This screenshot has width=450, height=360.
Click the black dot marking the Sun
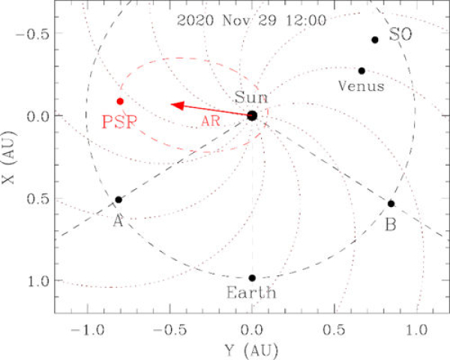coord(252,115)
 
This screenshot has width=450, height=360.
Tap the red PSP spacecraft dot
coord(120,101)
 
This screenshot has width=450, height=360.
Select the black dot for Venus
coord(361,70)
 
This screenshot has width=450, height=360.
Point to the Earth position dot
coord(252,278)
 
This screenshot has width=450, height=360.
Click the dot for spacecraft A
coord(118,199)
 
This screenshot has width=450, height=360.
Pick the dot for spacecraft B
coord(391,203)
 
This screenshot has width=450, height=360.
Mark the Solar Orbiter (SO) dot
coord(375,40)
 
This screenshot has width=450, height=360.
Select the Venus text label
coord(361,86)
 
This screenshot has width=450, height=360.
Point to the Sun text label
coord(250,97)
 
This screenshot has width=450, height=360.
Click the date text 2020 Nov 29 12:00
coord(252,19)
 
